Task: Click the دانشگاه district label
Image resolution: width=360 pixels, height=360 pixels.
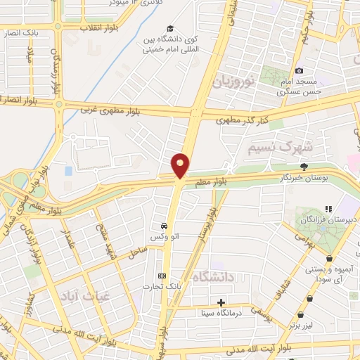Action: [211, 277]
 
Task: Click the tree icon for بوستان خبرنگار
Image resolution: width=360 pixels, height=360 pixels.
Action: [304, 167]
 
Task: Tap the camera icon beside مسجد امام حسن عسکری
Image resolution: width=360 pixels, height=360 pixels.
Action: [300, 70]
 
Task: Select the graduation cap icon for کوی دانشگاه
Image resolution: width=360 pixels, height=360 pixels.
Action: [162, 29]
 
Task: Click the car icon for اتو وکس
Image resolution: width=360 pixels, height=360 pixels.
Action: [164, 226]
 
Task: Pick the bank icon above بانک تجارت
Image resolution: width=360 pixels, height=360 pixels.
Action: [162, 275]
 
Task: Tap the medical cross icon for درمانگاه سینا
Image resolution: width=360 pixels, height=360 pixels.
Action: [221, 302]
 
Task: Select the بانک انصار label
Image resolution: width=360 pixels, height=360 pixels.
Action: [20, 33]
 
